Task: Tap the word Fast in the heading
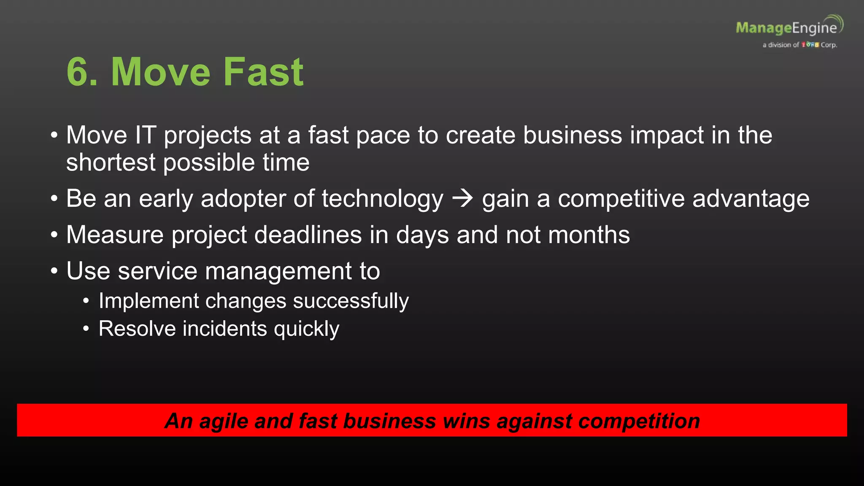[263, 72]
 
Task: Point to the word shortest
[111, 163]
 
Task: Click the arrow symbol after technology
[462, 198]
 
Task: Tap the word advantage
[751, 200]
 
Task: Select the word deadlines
[308, 235]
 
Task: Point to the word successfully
[351, 301]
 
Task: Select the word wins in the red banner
[466, 421]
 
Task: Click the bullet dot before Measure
[54, 235]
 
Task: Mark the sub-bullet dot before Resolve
[86, 329]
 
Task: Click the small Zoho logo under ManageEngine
[810, 45]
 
